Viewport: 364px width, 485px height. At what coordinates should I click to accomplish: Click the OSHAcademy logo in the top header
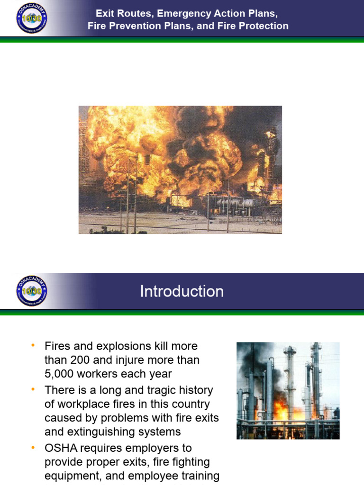[x=32, y=18]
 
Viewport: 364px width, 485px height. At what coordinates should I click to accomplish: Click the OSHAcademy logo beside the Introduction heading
[x=32, y=291]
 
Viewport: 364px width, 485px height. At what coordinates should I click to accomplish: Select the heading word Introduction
[x=182, y=291]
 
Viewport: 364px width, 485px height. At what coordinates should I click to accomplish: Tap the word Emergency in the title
[x=181, y=13]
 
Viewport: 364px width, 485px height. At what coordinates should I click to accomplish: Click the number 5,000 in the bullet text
[x=59, y=374]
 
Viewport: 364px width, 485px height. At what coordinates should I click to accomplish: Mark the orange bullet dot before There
[x=33, y=390]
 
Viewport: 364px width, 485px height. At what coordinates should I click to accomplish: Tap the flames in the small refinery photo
[x=282, y=407]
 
